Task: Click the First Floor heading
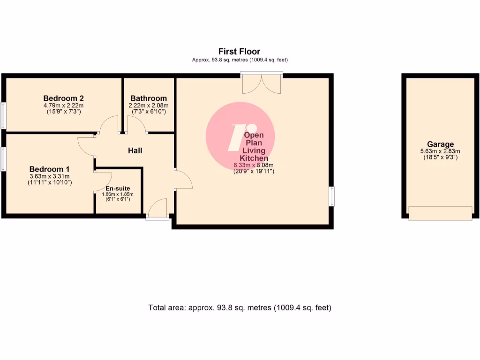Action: pyautogui.click(x=239, y=52)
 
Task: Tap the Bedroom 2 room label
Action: pyautogui.click(x=63, y=98)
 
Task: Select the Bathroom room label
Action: pyautogui.click(x=149, y=98)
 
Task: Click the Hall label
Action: pyautogui.click(x=135, y=151)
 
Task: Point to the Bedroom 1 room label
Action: pyautogui.click(x=49, y=169)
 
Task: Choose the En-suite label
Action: pyautogui.click(x=118, y=188)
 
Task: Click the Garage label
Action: pyautogui.click(x=440, y=144)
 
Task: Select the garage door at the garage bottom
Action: pyautogui.click(x=440, y=213)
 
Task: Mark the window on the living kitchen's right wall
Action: pyautogui.click(x=331, y=196)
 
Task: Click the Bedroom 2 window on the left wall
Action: pyautogui.click(x=3, y=115)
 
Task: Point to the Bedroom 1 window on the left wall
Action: pyautogui.click(x=3, y=159)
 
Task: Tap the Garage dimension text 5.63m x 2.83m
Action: pyautogui.click(x=440, y=151)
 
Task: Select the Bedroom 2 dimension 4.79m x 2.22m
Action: pyautogui.click(x=63, y=105)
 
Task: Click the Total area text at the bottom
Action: pyautogui.click(x=240, y=308)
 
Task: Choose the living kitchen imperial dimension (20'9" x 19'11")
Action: pyautogui.click(x=254, y=172)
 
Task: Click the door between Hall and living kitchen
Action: pyautogui.click(x=183, y=179)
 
